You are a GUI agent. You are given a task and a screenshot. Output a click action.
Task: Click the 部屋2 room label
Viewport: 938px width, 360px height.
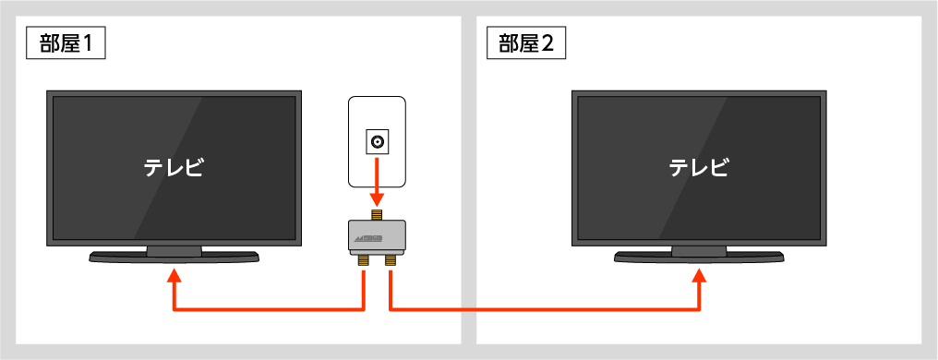pyautogui.click(x=525, y=43)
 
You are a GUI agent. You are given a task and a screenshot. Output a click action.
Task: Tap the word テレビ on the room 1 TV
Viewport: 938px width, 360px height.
pyautogui.click(x=174, y=168)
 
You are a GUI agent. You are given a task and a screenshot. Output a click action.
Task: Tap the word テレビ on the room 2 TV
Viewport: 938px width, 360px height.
pyautogui.click(x=699, y=168)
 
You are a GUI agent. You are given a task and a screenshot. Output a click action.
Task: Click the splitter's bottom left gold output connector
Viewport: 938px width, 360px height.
pyautogui.click(x=363, y=261)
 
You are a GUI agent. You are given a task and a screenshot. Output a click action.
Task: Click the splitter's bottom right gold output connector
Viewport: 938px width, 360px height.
pyautogui.click(x=391, y=261)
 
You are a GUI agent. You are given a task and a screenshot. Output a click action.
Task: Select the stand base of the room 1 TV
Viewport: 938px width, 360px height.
pyautogui.click(x=174, y=258)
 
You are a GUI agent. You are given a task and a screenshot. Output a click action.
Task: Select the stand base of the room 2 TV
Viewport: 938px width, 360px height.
pyautogui.click(x=699, y=258)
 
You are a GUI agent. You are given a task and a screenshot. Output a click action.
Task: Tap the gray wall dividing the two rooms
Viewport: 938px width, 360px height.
pyautogui.click(x=468, y=185)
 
